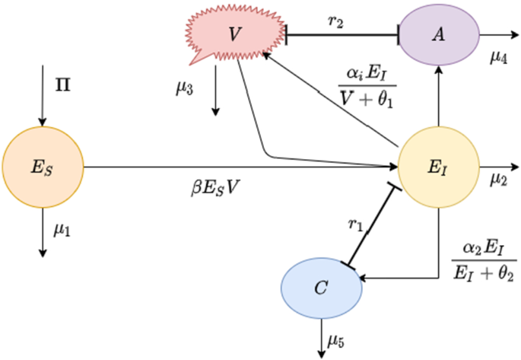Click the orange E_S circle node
click(x=43, y=165)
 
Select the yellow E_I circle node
click(x=439, y=165)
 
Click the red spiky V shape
click(x=235, y=34)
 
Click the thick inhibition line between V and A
click(x=342, y=33)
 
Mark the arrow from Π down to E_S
click(x=43, y=107)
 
